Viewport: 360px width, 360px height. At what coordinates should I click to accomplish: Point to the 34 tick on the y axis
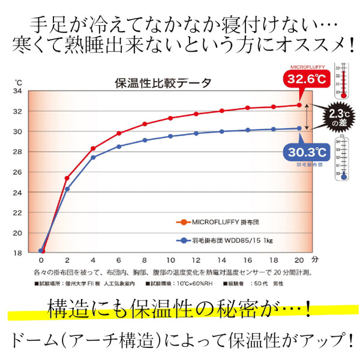18,91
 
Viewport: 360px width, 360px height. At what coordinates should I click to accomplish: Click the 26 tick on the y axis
18,172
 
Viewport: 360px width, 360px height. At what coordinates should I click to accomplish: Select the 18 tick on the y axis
18,253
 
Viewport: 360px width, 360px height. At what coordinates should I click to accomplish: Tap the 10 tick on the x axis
170,262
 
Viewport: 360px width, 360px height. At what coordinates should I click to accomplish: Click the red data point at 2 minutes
67,178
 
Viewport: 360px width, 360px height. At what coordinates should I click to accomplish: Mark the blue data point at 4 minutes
93,157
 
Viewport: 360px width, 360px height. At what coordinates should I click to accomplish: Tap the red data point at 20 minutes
299,105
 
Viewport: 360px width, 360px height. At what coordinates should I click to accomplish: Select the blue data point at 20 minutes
299,128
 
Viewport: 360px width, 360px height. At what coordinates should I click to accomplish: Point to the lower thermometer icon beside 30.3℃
342,157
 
